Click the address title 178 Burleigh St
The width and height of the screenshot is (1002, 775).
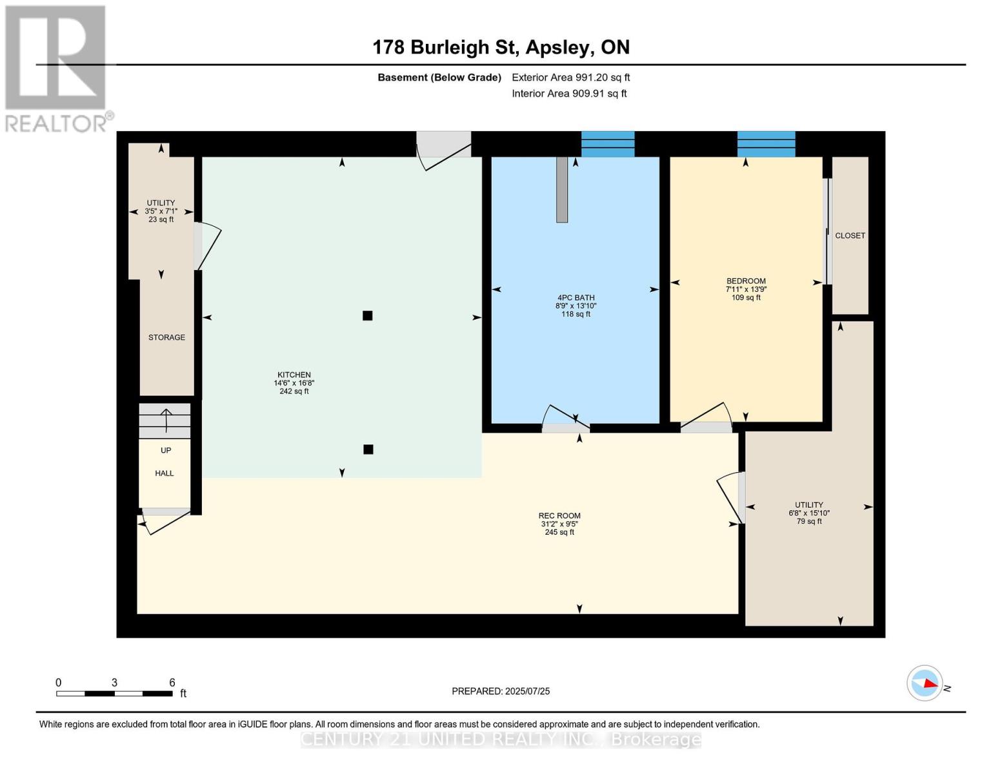(x=447, y=48)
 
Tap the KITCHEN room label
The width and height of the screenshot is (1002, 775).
(x=294, y=375)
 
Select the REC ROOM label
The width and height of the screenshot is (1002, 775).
(x=559, y=515)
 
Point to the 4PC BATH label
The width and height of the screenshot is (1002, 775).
(x=576, y=298)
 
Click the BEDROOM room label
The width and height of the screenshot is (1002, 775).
(x=746, y=281)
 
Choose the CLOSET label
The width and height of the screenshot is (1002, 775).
(x=850, y=236)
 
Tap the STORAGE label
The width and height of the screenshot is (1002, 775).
(x=166, y=337)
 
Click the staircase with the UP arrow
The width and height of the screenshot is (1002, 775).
(x=165, y=420)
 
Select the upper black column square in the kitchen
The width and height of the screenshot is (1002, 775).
(x=367, y=316)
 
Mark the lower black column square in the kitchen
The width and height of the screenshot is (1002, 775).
(x=368, y=449)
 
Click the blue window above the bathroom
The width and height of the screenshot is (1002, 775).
(x=608, y=144)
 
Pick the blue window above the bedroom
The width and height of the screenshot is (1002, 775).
(x=766, y=144)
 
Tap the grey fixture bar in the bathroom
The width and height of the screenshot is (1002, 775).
(x=561, y=190)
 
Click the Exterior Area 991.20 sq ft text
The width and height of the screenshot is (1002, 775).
(x=570, y=77)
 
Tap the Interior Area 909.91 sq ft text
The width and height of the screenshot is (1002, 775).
(x=569, y=94)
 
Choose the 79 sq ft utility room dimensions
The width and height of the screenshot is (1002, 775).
(x=809, y=513)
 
